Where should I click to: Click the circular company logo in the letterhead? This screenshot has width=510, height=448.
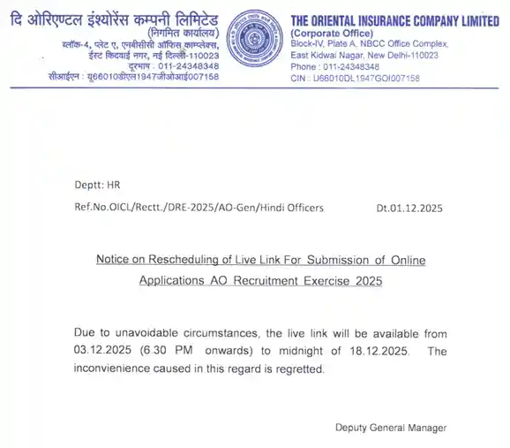click(x=253, y=39)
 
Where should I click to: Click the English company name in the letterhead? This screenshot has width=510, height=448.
click(x=394, y=20)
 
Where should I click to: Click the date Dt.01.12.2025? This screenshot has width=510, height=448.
click(x=409, y=208)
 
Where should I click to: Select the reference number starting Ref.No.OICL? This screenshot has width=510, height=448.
click(x=199, y=208)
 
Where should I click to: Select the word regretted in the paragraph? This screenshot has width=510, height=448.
click(x=301, y=368)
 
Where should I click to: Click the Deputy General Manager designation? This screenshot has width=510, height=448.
click(x=390, y=428)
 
